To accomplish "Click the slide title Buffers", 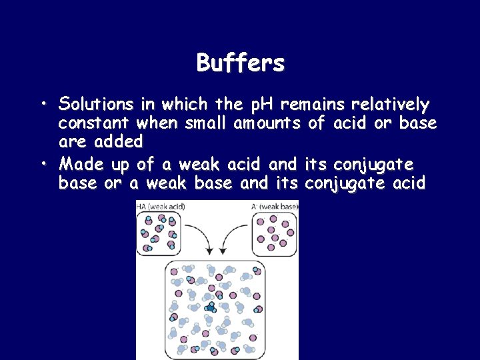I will [240, 63].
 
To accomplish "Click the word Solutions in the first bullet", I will [95, 105].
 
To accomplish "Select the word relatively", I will [390, 105].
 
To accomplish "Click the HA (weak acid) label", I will [161, 206].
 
